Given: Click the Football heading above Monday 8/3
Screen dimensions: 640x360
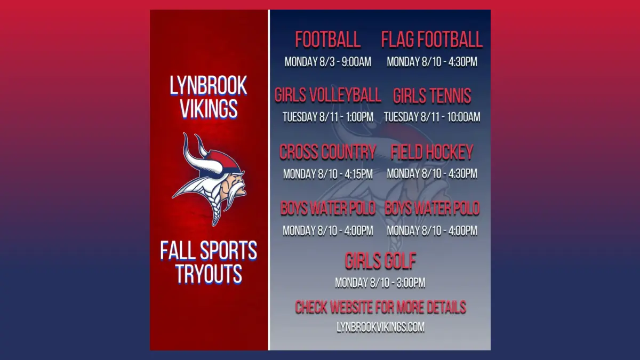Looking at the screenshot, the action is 327,39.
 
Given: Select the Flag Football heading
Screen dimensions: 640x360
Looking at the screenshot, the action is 432,39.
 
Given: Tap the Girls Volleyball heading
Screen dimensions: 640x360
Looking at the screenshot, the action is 327,95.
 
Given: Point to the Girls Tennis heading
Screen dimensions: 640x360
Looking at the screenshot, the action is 432,95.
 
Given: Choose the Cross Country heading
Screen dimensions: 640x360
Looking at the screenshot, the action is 327,151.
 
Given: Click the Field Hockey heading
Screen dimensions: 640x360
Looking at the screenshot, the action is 432,151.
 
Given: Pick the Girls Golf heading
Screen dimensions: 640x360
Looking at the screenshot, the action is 380,261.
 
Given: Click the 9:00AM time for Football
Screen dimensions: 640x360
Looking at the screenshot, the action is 357,62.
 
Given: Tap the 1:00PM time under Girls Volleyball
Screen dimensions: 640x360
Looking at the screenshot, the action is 359,117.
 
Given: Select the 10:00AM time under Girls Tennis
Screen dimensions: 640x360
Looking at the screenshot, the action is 463,117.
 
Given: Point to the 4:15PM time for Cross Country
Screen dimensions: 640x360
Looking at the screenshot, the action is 358,174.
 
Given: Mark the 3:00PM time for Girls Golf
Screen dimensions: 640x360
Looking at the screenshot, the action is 411,283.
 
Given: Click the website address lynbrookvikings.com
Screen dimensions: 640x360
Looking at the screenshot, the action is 381,327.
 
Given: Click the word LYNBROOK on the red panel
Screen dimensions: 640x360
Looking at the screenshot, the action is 209,85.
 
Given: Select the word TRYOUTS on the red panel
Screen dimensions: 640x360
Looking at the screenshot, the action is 209,274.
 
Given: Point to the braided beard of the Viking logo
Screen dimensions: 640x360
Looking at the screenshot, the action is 217,210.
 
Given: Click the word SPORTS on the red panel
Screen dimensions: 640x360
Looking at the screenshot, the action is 228,251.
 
